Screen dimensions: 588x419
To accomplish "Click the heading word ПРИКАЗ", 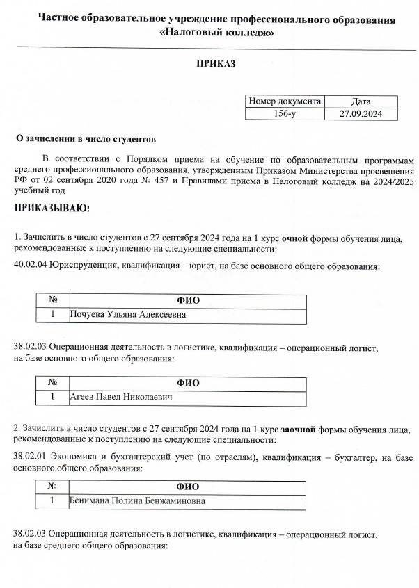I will click(x=216, y=64).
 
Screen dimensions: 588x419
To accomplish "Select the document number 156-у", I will click(x=285, y=114).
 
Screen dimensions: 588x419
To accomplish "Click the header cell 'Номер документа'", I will click(x=285, y=101).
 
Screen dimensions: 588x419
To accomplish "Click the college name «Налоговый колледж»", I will click(x=216, y=33).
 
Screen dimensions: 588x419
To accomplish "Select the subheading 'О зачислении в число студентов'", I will click(x=86, y=139).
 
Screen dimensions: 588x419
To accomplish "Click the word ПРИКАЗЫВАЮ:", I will click(x=52, y=207).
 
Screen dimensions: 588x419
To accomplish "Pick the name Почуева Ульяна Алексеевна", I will click(x=129, y=315).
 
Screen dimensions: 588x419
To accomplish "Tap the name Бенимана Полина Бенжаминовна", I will click(x=137, y=500).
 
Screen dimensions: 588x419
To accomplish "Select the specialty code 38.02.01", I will click(x=31, y=457).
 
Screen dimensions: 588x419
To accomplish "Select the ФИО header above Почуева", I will click(x=189, y=300).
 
